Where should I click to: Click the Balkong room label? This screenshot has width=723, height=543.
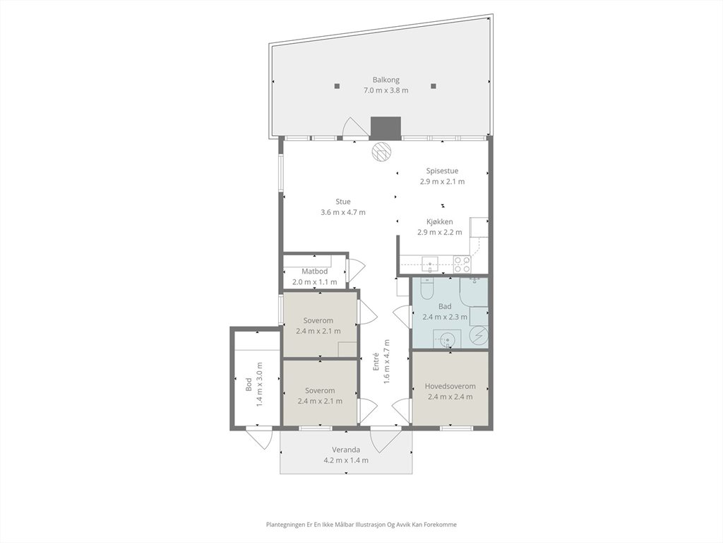point(386,80)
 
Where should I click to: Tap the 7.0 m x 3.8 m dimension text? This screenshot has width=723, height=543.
point(386,90)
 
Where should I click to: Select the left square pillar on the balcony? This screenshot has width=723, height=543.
point(337,86)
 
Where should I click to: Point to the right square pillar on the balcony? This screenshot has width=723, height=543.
point(433,86)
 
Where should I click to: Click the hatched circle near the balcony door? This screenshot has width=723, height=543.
point(382,151)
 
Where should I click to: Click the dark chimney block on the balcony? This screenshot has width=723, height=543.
point(386,128)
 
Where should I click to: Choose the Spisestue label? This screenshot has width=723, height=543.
point(442,171)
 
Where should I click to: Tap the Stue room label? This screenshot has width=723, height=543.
point(343,202)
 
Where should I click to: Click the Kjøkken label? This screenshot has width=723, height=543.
point(439,221)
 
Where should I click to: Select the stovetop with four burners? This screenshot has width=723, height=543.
point(462,264)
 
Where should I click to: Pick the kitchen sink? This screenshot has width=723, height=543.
point(430,264)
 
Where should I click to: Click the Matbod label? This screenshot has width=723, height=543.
point(314,271)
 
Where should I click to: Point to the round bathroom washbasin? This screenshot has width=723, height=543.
point(447,340)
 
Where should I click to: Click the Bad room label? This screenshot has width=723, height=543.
point(445,306)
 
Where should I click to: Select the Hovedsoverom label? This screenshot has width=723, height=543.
point(450,386)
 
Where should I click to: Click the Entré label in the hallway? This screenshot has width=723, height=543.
point(376,361)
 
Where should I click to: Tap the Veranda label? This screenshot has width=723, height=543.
point(346,450)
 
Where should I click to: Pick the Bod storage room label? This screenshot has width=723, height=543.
point(249,385)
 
